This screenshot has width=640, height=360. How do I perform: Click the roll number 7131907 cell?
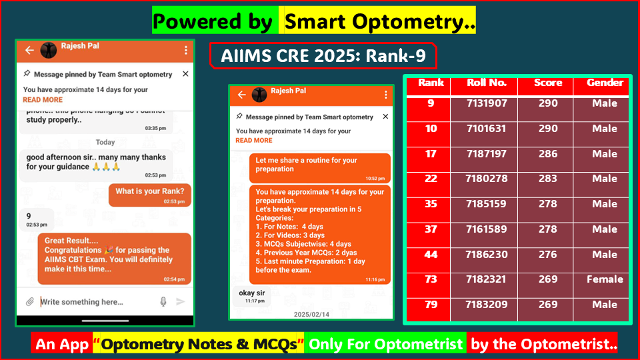(x=487, y=103)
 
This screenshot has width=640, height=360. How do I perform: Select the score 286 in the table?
(x=547, y=154)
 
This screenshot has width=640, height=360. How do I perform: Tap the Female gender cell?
(x=605, y=279)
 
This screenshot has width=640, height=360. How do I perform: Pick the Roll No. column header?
(x=487, y=83)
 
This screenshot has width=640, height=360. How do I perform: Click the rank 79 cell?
(x=431, y=305)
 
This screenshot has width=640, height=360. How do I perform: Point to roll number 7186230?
(x=487, y=255)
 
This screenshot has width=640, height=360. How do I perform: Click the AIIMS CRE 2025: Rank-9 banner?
(x=323, y=56)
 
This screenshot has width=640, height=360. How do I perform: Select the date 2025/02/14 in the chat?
(x=311, y=313)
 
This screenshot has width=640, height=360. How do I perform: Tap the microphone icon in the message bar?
(x=163, y=302)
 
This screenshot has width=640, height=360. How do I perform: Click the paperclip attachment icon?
(x=30, y=302)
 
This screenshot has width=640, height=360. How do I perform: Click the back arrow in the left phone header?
(x=29, y=50)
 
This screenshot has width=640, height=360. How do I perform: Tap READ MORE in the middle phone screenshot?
(x=254, y=141)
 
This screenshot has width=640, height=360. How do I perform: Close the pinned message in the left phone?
(x=185, y=74)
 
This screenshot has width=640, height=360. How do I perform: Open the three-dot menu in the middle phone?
(x=385, y=95)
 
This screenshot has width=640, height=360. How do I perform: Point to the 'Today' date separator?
(x=105, y=142)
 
